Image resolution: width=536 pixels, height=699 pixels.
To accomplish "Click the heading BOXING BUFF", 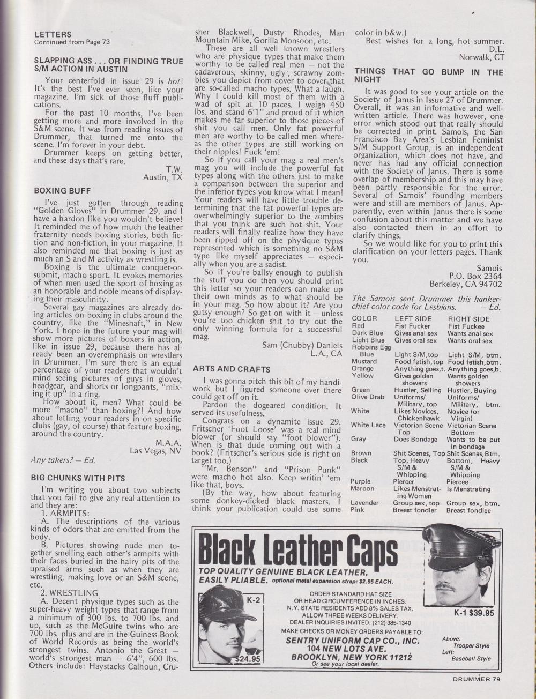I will coord(62,190).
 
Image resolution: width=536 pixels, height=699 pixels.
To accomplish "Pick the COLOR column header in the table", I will coord(364,318).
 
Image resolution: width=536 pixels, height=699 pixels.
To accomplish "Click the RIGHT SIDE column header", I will coord(468,318).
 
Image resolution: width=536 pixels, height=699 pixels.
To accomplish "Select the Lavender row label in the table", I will coord(365,503).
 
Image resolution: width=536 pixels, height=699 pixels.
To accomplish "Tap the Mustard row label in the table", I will coord(364,361).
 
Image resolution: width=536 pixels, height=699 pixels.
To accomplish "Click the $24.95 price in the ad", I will coord(247,659).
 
